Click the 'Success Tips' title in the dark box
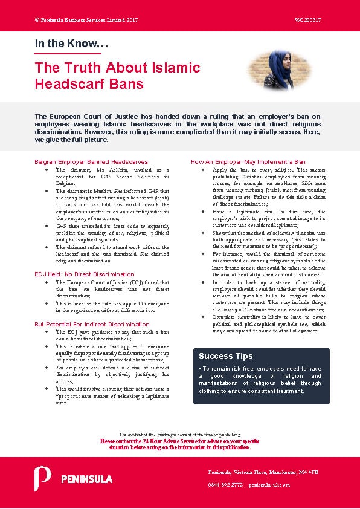coord(226,356)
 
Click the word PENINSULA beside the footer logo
coord(86,479)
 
